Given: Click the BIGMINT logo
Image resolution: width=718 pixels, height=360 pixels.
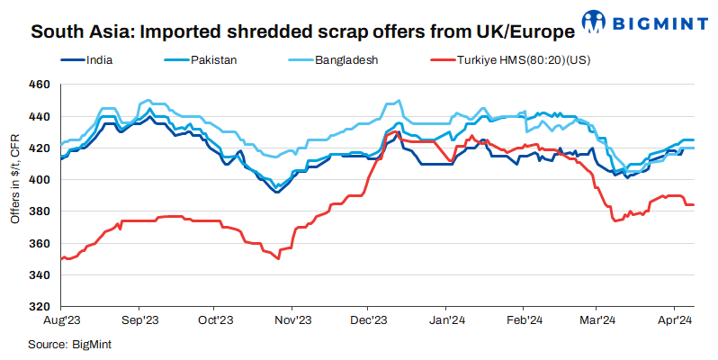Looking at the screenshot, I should point(643,21).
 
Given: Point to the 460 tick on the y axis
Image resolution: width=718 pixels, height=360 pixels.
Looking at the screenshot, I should point(40,85).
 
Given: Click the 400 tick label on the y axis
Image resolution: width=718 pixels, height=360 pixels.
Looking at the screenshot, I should point(40,180).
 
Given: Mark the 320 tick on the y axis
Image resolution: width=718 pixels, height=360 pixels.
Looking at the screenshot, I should point(40,307).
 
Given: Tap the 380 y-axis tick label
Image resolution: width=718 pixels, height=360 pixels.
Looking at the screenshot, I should point(40,211).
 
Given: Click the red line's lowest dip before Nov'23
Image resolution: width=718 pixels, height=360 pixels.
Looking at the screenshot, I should point(279,258).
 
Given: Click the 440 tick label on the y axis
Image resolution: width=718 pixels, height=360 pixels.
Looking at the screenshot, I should point(40,117).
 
